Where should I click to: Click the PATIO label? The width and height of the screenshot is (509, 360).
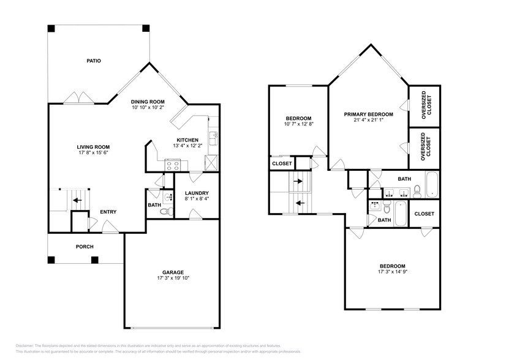click(x=93, y=61)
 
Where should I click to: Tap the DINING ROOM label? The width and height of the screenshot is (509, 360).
click(x=148, y=102)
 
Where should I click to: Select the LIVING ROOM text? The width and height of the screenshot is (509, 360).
click(x=93, y=147)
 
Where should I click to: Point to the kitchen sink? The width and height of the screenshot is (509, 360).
click(x=213, y=137)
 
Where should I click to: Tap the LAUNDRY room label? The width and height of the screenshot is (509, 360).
click(x=197, y=193)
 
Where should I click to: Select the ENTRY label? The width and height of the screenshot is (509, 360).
click(x=108, y=212)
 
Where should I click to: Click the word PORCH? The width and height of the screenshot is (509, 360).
click(x=85, y=247)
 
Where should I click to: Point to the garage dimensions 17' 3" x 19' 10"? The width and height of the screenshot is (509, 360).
click(x=173, y=278)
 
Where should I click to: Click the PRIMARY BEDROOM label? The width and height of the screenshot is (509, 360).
click(x=368, y=114)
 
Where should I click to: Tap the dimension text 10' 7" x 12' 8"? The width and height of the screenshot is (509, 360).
click(x=299, y=124)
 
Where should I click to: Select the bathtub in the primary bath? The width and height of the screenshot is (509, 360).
click(x=432, y=185)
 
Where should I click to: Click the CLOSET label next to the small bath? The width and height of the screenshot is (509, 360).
click(x=424, y=214)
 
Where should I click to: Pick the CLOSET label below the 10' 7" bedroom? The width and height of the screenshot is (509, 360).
click(x=282, y=163)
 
